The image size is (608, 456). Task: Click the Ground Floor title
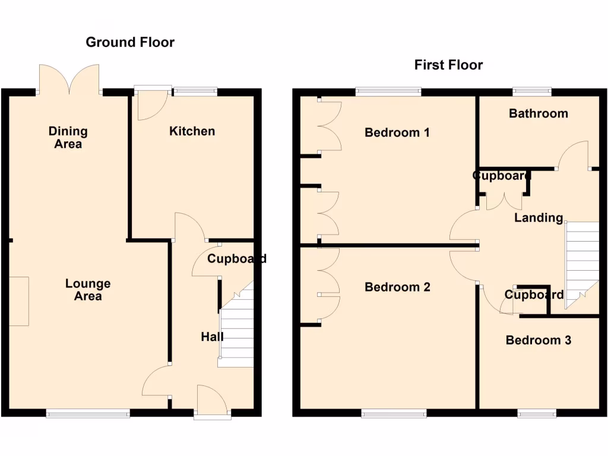pos(130,42)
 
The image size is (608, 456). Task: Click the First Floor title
pos(448,65)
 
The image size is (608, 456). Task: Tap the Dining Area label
pos(68,137)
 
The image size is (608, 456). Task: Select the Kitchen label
pos(192,131)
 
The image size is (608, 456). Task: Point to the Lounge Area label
pos(88,290)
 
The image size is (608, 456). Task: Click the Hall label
pos(212,337)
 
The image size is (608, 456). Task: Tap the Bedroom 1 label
pos(397,132)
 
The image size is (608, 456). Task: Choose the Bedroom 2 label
pos(397,287)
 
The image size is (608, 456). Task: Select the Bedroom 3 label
pos(538,340)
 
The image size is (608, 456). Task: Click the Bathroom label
pos(538,113)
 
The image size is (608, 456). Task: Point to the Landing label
pos(538,218)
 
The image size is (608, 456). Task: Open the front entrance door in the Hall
pos(212,401)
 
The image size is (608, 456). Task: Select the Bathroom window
pos(532,91)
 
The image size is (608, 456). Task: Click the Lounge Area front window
pos(88,413)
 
